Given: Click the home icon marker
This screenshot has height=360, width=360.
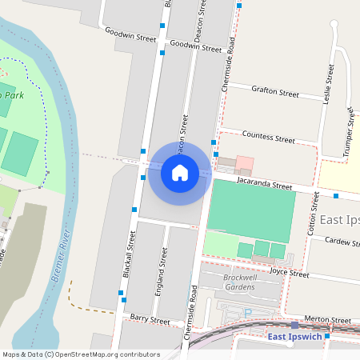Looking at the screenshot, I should tap(180, 172).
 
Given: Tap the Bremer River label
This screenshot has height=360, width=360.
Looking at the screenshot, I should tap(62, 255).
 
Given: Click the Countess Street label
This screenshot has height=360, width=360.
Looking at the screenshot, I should tap(268, 138).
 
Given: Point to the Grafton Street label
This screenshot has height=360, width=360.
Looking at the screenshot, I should tap(274, 92).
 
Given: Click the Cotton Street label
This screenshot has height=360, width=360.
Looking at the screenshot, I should tap(311, 214).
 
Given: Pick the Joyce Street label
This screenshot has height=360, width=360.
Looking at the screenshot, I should tap(289, 273).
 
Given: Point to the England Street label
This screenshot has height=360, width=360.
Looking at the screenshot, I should tap(160, 273).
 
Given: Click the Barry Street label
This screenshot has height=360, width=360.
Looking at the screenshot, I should tap(150, 320).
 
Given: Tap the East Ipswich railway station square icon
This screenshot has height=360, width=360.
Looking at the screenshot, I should tap(294, 325).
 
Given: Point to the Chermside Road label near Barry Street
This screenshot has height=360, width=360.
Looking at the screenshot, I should tap(191, 313).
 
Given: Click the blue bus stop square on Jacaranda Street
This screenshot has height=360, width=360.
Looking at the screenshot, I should tap(336, 195).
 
